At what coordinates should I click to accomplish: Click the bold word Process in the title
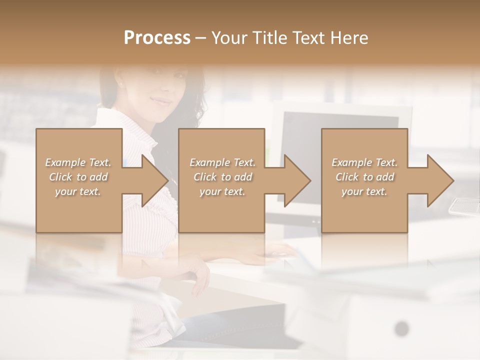click(x=157, y=37)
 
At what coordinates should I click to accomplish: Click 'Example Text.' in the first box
click(x=78, y=162)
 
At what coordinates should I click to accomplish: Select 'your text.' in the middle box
click(x=222, y=191)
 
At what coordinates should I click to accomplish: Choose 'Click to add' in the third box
click(x=364, y=177)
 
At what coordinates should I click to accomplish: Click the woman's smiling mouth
click(x=161, y=102)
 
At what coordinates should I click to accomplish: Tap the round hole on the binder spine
click(x=401, y=328)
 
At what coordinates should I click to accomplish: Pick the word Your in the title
click(x=230, y=37)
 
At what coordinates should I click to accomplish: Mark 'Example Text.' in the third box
click(x=364, y=162)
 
